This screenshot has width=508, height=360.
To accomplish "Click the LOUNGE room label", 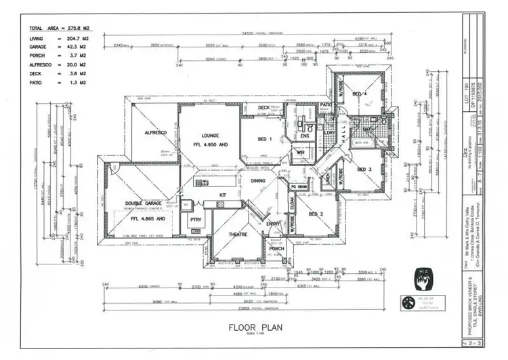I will [x=206, y=135].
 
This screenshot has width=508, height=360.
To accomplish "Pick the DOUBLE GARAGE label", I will [x=143, y=203].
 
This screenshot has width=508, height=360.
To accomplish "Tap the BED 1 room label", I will [x=265, y=139].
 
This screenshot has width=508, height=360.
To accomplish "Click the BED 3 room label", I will [x=364, y=169].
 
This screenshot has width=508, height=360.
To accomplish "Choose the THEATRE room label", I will [x=237, y=235].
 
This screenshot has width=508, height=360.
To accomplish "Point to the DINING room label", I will [x=258, y=181].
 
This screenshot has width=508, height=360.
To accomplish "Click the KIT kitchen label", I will [x=221, y=195].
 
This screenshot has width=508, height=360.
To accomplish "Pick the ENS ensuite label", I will [x=305, y=136].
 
